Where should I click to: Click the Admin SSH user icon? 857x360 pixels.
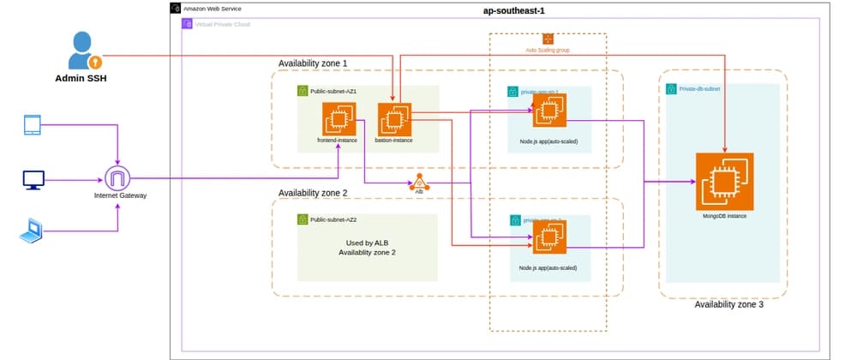84,51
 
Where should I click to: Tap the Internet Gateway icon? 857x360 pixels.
119,179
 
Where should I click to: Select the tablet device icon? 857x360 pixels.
33,126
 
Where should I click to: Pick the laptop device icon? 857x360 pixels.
32,230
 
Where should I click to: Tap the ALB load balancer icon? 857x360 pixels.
419,183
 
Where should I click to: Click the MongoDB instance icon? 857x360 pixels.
724,181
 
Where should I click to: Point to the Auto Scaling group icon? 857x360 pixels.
548,39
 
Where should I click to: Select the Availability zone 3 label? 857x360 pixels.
728,304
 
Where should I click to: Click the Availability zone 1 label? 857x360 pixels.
314,63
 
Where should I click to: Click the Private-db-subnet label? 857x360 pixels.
699,88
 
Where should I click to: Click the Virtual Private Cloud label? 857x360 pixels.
222,23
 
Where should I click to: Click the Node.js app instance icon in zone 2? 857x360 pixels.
544,243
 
